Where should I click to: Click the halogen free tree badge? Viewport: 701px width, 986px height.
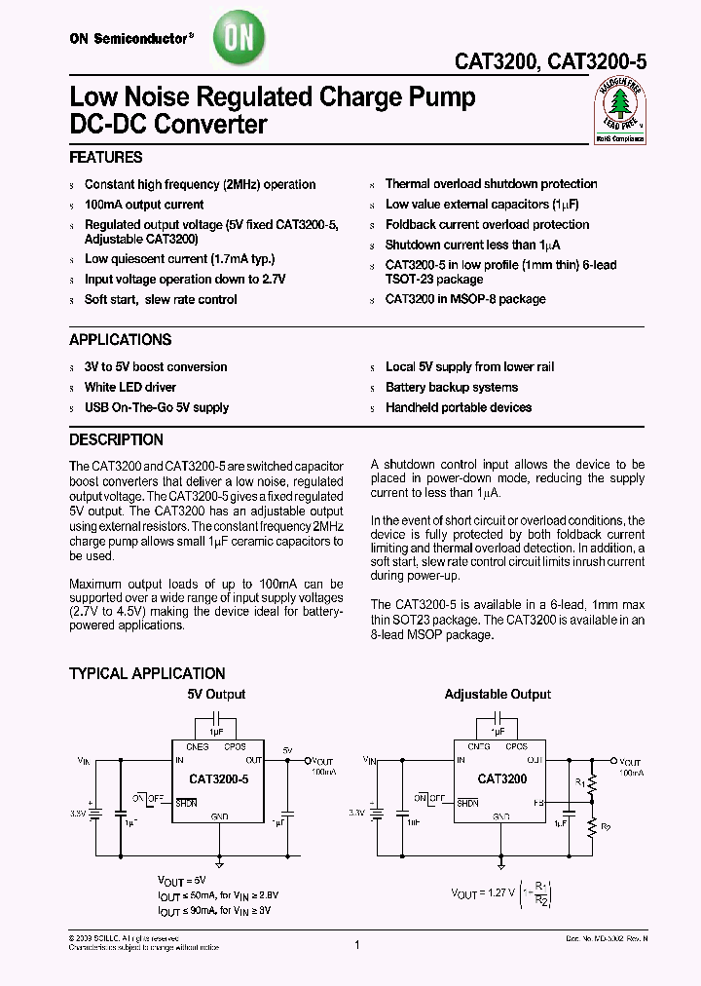[619, 110]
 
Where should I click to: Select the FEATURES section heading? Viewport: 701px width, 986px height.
[106, 158]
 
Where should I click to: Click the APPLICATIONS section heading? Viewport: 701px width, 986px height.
[120, 340]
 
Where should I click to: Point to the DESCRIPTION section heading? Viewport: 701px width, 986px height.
[116, 439]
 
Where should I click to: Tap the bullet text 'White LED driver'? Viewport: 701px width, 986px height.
[130, 387]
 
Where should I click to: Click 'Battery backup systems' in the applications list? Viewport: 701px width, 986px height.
[452, 387]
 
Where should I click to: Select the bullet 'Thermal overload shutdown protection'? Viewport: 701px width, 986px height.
[491, 183]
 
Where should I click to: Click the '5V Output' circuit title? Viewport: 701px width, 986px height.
[216, 695]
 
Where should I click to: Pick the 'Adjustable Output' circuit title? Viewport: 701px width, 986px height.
[498, 695]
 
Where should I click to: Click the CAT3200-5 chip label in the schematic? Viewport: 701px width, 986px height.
[219, 779]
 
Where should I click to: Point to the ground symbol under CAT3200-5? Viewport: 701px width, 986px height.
[219, 863]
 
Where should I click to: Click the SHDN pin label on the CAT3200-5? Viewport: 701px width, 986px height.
[186, 803]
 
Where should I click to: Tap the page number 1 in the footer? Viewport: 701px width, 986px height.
[357, 944]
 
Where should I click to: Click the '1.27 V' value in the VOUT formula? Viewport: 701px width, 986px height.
[502, 892]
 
